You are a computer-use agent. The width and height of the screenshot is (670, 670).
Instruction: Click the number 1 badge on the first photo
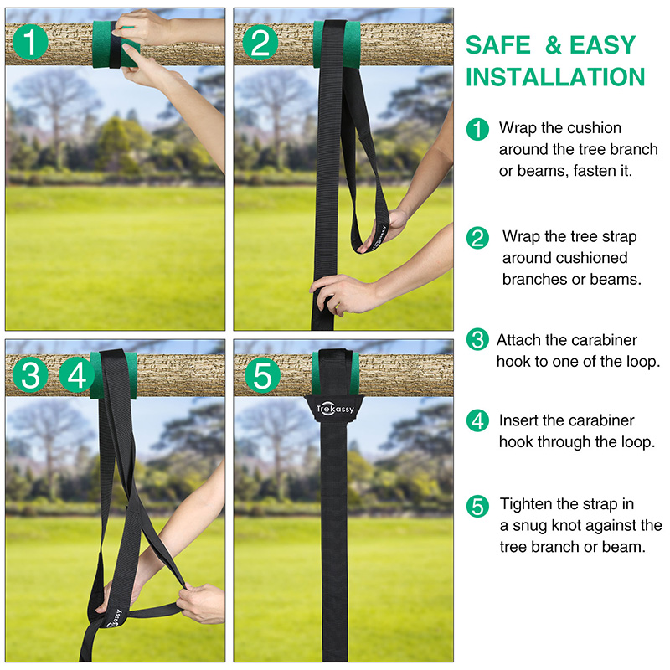(30, 42)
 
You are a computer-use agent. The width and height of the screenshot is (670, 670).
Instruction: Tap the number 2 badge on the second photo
(260, 42)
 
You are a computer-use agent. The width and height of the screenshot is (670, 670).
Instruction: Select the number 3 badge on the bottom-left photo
(30, 375)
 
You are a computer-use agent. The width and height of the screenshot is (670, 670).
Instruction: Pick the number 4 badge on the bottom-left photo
(76, 375)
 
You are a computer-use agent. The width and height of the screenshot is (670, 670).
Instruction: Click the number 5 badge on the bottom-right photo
(262, 375)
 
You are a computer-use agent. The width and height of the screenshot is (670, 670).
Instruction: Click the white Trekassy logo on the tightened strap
(336, 409)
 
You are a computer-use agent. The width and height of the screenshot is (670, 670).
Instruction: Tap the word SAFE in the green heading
(497, 45)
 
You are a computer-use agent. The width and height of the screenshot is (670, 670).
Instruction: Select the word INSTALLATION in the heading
(555, 77)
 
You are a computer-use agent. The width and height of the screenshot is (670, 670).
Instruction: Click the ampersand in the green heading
(553, 45)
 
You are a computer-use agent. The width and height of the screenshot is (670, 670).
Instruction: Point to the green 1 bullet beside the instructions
(477, 130)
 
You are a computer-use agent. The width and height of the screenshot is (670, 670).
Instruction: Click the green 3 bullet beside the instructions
(477, 339)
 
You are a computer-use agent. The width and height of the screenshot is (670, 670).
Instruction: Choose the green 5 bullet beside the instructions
(477, 506)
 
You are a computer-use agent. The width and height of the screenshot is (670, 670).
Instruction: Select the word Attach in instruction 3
(518, 340)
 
